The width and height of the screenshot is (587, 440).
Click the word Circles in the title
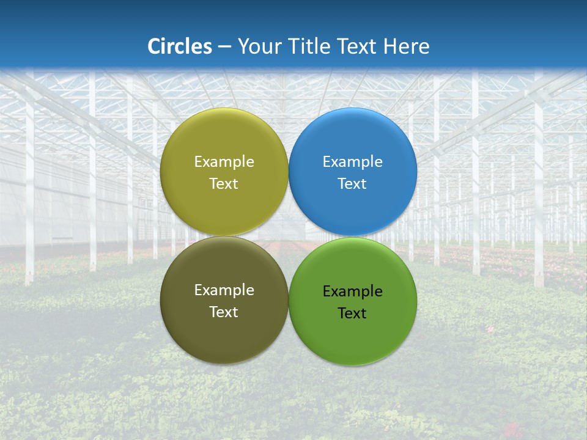coord(180,46)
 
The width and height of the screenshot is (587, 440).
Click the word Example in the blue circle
coord(353,162)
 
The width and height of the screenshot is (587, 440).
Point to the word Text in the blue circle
coord(353,184)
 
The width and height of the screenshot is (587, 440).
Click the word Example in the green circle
coord(353,291)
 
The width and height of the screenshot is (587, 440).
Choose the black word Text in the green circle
coord(353,313)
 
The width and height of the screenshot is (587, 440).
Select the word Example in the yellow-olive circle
coord(224,162)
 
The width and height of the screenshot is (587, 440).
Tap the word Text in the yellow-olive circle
coord(224,184)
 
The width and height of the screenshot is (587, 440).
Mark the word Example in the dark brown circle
coord(224,290)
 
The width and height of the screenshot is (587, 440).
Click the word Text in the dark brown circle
coord(224,312)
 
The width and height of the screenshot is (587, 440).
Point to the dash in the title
coord(224,47)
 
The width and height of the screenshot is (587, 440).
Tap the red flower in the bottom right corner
coord(511,428)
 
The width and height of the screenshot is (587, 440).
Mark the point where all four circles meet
coord(289,237)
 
